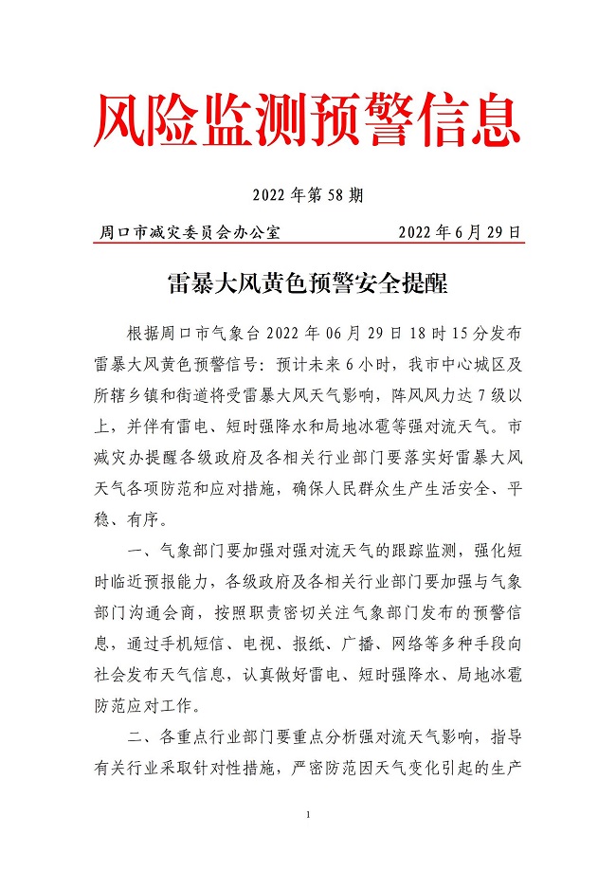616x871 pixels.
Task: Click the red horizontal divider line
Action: [308, 243]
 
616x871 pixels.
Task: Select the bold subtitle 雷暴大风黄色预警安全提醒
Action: [307, 284]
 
